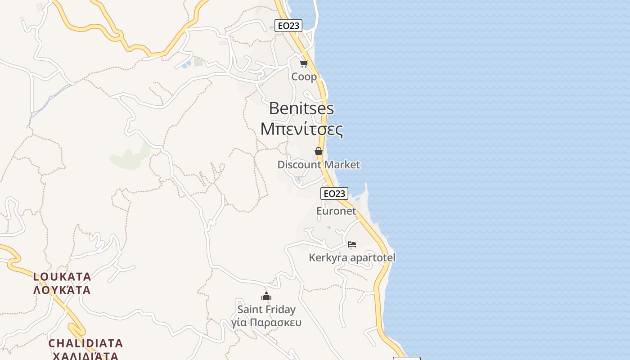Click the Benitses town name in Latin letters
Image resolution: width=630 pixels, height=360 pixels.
(301, 108)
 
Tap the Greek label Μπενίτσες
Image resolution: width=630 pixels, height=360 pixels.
(301, 129)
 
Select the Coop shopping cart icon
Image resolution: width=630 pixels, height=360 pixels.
(304, 63)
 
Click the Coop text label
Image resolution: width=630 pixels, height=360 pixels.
(304, 76)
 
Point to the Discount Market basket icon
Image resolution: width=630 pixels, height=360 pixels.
(319, 151)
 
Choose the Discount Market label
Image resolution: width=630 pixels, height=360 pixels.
(319, 165)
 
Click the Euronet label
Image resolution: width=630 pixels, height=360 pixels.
(336, 211)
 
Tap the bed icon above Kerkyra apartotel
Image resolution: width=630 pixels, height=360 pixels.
(352, 244)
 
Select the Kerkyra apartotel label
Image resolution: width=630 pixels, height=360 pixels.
(352, 258)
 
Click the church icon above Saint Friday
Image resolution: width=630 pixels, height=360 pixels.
(266, 296)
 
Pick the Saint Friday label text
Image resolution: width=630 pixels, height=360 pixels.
(266, 310)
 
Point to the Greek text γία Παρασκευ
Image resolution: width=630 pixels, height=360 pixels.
(266, 323)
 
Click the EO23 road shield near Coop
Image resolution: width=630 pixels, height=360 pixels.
(288, 26)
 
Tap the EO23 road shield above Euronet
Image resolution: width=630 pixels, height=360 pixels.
(334, 193)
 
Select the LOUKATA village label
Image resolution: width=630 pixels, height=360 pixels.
(62, 276)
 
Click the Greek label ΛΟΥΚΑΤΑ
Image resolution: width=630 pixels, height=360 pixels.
(62, 290)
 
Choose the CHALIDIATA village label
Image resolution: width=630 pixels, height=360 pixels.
(85, 343)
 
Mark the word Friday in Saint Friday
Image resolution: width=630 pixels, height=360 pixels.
(280, 310)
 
